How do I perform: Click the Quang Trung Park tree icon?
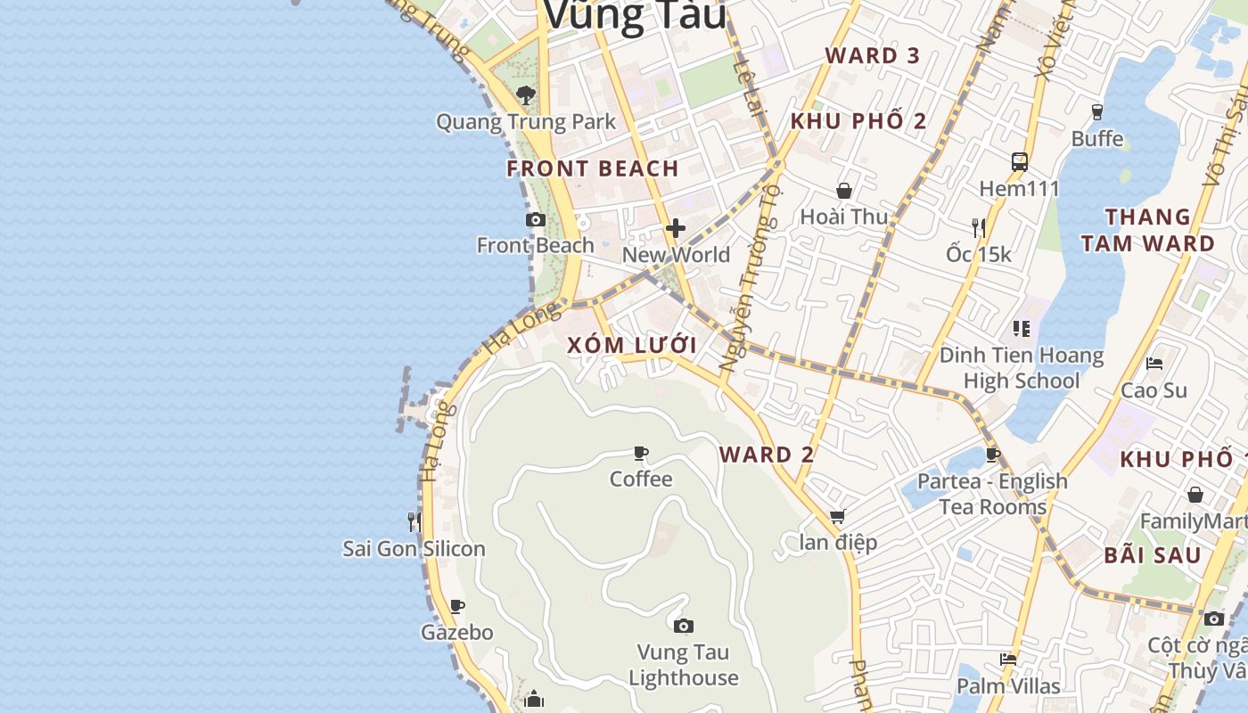point(526,94)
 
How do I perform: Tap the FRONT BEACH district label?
point(593,168)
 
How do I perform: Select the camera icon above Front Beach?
point(535,219)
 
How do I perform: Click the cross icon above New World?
point(676,229)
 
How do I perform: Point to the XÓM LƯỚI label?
point(632,346)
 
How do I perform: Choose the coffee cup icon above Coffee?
point(641,454)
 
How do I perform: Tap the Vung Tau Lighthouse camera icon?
point(684,627)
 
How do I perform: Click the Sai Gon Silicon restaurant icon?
point(414,521)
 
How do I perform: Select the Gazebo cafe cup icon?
point(457,607)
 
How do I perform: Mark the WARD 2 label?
point(767,455)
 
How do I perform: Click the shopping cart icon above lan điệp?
point(837,516)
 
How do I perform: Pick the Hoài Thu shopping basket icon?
point(844,191)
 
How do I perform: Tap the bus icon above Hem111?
point(1020,162)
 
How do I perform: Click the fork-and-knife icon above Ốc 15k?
point(979,228)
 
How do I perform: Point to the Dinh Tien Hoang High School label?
point(1022,368)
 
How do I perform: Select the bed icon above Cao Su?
point(1154,364)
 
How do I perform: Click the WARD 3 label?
point(872,55)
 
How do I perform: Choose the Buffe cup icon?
point(1097,112)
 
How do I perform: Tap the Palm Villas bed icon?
point(1008,660)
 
